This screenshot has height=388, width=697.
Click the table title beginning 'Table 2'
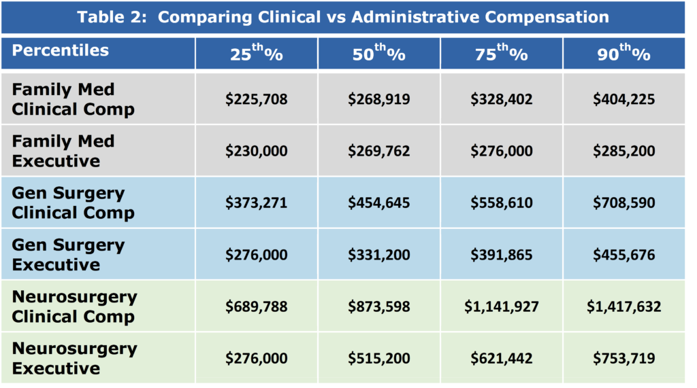point(343,18)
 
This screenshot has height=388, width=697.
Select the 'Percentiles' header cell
point(60,51)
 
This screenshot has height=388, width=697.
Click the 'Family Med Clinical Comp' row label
point(73,99)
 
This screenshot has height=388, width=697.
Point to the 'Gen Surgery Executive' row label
point(68,255)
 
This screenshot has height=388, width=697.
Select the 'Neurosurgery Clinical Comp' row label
point(74,306)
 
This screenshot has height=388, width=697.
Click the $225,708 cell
point(257,99)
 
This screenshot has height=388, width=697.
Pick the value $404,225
point(624,99)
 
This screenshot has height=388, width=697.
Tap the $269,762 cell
point(379,151)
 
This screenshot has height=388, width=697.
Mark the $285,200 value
point(624,151)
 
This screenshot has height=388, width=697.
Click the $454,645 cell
point(379,202)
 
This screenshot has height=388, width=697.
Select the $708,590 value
point(624,202)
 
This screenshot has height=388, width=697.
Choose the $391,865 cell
point(502,255)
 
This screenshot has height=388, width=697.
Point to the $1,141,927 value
point(502,306)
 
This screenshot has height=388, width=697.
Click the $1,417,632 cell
point(624,306)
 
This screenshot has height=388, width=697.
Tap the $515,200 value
point(379,358)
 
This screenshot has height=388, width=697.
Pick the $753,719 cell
point(624,358)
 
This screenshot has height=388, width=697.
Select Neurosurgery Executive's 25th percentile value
point(257,358)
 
